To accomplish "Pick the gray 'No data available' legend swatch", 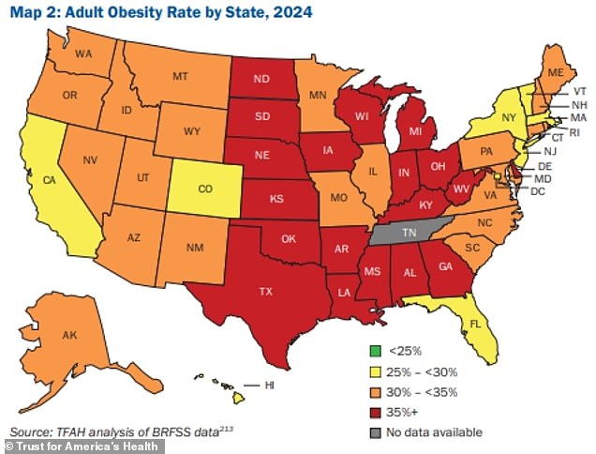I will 373,431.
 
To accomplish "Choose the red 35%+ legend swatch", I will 373,411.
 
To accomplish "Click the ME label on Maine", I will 556,72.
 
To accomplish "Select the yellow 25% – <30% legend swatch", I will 373,371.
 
